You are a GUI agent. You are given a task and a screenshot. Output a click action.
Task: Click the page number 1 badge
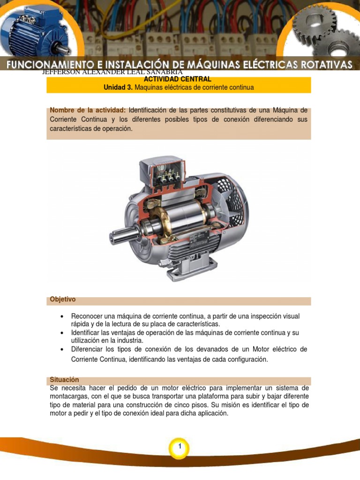pos(180,449)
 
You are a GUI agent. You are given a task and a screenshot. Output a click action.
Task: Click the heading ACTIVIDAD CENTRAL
pos(178,79)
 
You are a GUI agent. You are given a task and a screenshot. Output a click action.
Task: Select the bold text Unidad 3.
pos(117,88)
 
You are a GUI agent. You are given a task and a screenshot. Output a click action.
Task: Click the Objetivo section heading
pos(63,299)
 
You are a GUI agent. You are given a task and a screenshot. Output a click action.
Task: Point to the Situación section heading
pos(64,380)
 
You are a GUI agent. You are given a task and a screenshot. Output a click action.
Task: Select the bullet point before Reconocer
pos(62,316)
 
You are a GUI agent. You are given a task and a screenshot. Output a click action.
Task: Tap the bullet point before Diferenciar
pos(62,350)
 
